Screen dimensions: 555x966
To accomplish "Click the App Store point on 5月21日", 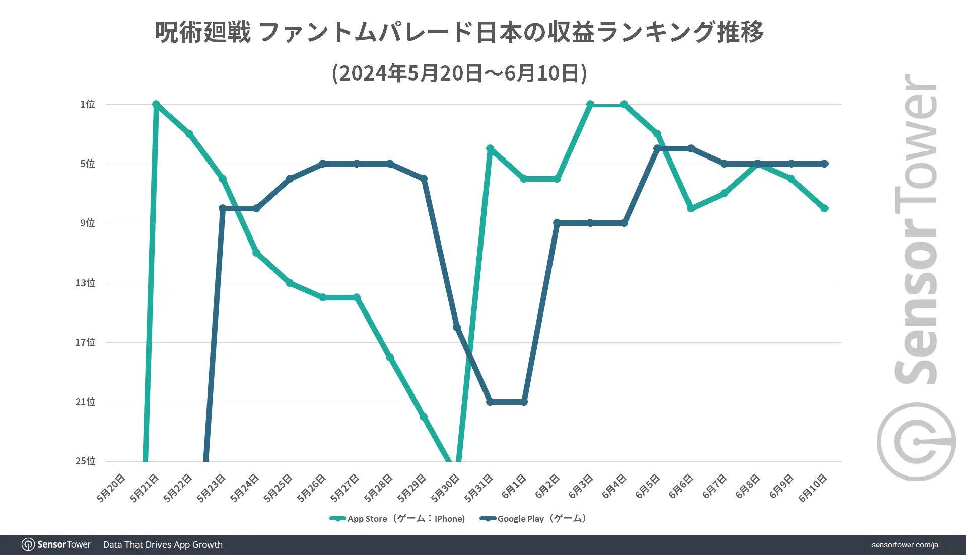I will pyautogui.click(x=156, y=104).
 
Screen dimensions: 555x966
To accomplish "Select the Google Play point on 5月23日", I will pyautogui.click(x=223, y=208).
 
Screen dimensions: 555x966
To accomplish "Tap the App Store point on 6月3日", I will pyautogui.click(x=590, y=105).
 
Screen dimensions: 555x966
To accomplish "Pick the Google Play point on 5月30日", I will pyautogui.click(x=456, y=327).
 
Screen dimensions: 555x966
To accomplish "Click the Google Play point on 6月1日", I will pyautogui.click(x=524, y=402).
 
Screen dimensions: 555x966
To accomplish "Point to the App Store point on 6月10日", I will pyautogui.click(x=824, y=208).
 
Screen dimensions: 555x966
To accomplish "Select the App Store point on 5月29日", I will pyautogui.click(x=424, y=417).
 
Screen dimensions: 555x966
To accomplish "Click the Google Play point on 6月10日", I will pyautogui.click(x=824, y=164).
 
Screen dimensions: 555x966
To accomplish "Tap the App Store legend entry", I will pyautogui.click(x=397, y=519).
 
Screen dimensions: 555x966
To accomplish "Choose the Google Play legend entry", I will pyautogui.click(x=533, y=519).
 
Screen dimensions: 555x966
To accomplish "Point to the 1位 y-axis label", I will pyautogui.click(x=88, y=104).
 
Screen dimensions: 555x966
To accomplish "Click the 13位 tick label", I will pyautogui.click(x=86, y=283).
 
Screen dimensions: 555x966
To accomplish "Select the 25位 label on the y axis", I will pyautogui.click(x=86, y=461).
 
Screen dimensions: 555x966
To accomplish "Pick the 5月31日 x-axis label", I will pyautogui.click(x=478, y=487).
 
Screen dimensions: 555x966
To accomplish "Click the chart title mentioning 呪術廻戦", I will pyautogui.click(x=459, y=32).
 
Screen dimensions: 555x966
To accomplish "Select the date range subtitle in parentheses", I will pyautogui.click(x=459, y=73).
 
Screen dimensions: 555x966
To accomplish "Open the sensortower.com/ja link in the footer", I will pyautogui.click(x=905, y=545).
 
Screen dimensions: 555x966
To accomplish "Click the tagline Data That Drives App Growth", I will pyautogui.click(x=163, y=545).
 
